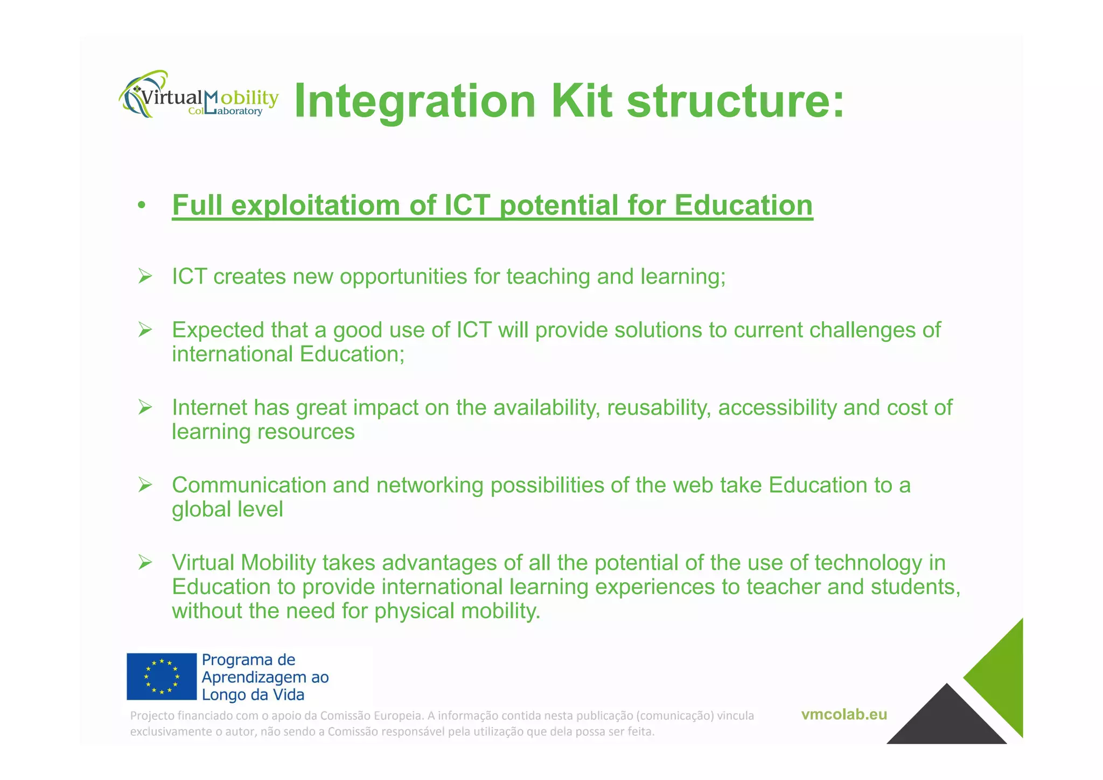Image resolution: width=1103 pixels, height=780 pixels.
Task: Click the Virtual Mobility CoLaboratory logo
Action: pyautogui.click(x=198, y=96)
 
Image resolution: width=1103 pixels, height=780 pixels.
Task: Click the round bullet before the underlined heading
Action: pyautogui.click(x=142, y=205)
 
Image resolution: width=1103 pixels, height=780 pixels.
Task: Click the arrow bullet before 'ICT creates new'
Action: pyautogui.click(x=145, y=276)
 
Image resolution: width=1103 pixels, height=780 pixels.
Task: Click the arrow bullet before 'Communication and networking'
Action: pyautogui.click(x=145, y=485)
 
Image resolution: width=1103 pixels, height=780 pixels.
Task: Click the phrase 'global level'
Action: pyautogui.click(x=227, y=509)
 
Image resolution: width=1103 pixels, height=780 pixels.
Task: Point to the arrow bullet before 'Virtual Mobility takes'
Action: pyautogui.click(x=145, y=562)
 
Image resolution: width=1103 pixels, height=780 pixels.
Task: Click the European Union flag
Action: pyautogui.click(x=162, y=677)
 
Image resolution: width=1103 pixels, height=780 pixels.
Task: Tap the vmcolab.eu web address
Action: pyautogui.click(x=844, y=715)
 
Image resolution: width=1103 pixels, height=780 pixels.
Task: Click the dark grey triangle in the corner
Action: pyautogui.click(x=946, y=720)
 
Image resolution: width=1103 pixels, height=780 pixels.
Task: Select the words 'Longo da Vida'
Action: pyautogui.click(x=253, y=695)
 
